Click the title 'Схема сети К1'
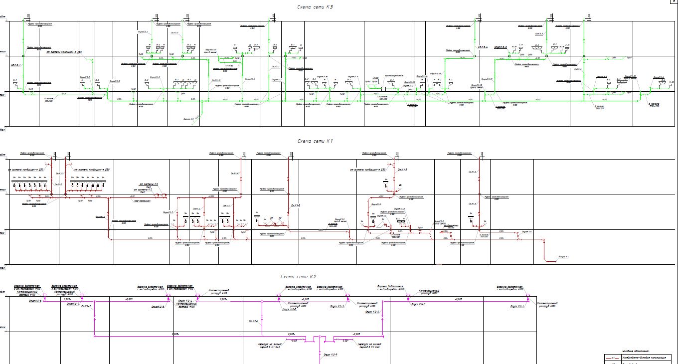click(315, 141)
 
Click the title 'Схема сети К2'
click(299, 276)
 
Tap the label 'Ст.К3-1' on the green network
click(16, 65)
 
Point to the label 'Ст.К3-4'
click(482, 47)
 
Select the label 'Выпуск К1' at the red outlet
click(563, 256)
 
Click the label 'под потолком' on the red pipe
click(142, 202)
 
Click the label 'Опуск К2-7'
click(73, 303)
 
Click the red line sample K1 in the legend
click(612, 358)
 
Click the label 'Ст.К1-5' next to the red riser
click(295, 205)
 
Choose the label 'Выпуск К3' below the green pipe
click(188, 119)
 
